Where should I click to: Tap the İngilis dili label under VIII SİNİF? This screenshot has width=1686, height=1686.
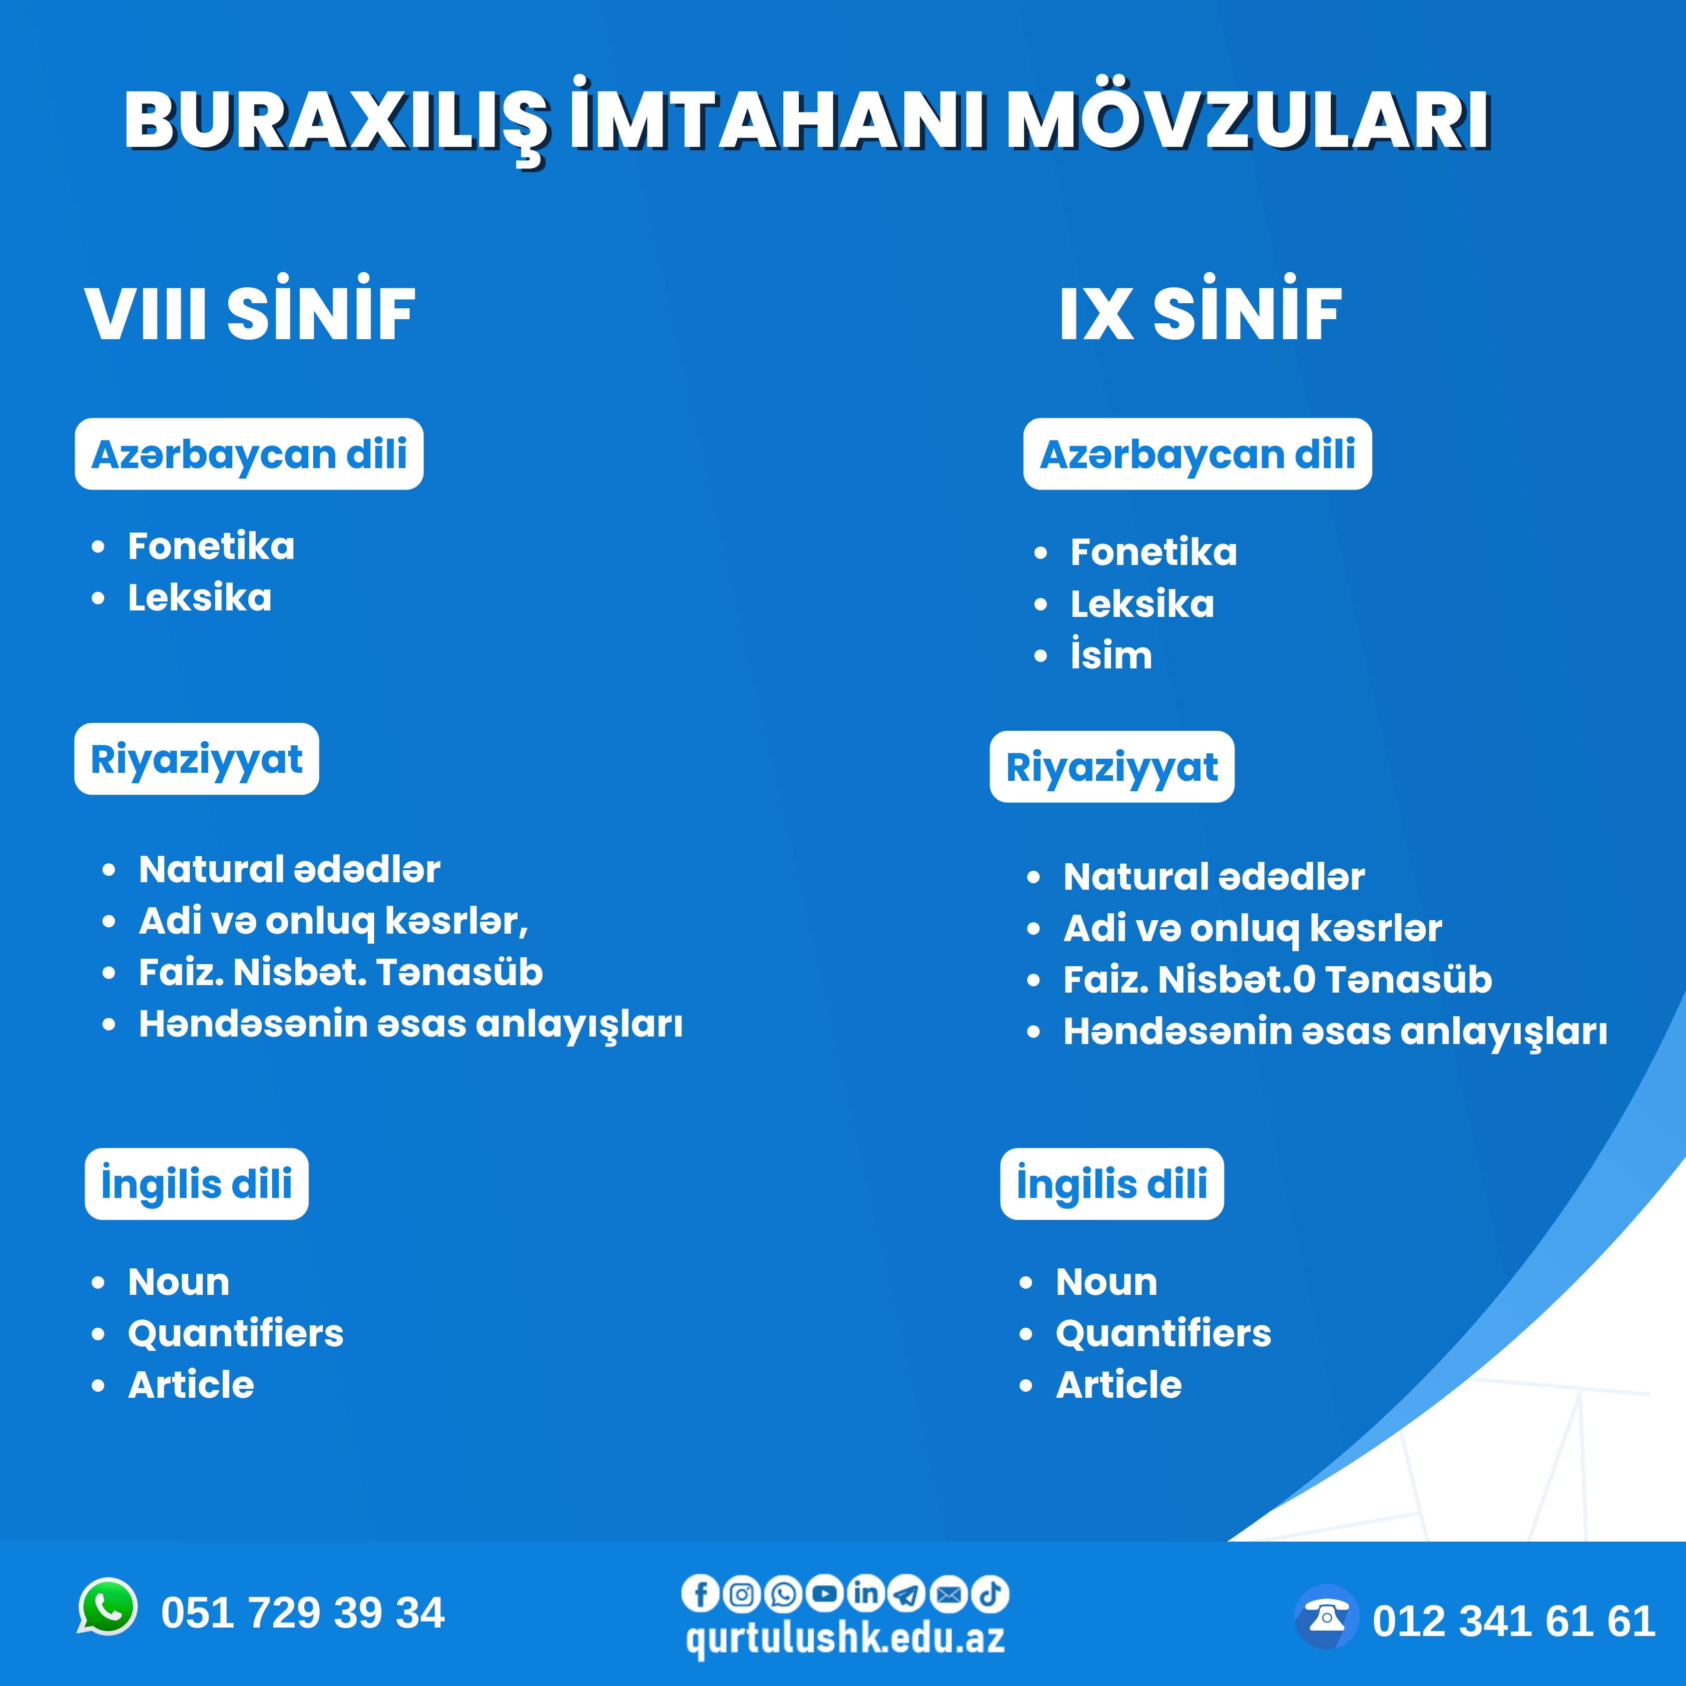196,1183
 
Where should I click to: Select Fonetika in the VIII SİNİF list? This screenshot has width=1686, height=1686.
211,547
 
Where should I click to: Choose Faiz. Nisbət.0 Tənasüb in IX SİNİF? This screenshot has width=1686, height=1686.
1277,979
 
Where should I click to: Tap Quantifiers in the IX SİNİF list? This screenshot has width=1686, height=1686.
1163,1333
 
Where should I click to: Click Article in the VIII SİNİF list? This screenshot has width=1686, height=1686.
191,1385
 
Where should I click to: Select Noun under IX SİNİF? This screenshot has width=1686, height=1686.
1107,1282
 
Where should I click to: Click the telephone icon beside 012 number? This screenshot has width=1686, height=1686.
1326,1617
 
